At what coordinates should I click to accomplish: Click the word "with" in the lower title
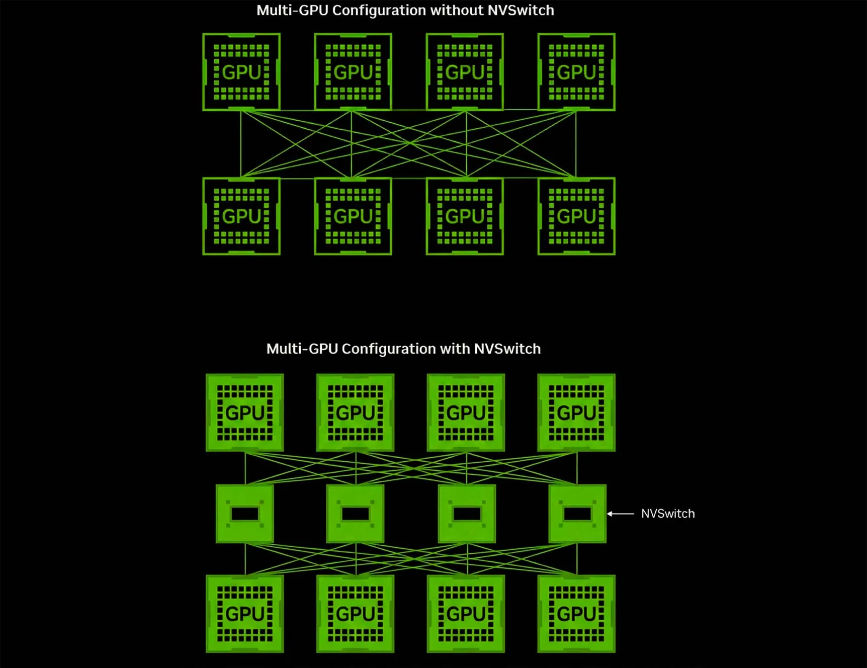pyautogui.click(x=455, y=349)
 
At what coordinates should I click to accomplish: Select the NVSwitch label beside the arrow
pyautogui.click(x=668, y=514)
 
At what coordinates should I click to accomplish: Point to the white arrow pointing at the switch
pyautogui.click(x=621, y=514)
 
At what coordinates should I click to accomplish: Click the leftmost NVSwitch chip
pyautogui.click(x=245, y=514)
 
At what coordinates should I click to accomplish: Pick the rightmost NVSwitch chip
pyautogui.click(x=577, y=514)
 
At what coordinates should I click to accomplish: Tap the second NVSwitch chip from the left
pyautogui.click(x=356, y=514)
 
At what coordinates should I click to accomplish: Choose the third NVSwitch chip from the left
pyautogui.click(x=467, y=514)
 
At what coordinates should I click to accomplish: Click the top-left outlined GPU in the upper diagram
pyautogui.click(x=241, y=72)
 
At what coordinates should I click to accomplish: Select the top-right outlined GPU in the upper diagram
pyautogui.click(x=576, y=72)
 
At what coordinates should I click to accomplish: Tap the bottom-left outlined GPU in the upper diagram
pyautogui.click(x=241, y=216)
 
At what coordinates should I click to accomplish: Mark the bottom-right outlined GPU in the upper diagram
pyautogui.click(x=576, y=216)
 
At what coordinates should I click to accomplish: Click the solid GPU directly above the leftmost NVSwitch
pyautogui.click(x=245, y=412)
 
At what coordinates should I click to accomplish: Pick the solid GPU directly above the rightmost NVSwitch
pyautogui.click(x=576, y=412)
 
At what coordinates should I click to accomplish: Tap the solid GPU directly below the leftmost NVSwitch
pyautogui.click(x=245, y=614)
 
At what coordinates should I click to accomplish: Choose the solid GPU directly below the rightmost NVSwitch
pyautogui.click(x=576, y=614)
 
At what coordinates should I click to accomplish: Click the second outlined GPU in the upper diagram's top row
pyautogui.click(x=353, y=72)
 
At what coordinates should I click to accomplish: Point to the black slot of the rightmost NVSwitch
pyautogui.click(x=577, y=514)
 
